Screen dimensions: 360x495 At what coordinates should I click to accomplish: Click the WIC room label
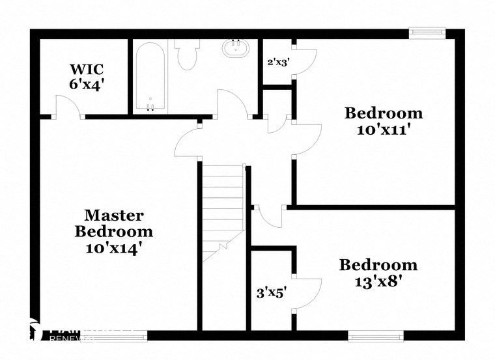(87, 69)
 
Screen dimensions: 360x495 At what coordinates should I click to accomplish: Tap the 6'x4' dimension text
(87, 83)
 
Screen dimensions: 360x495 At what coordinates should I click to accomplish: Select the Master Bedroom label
(114, 223)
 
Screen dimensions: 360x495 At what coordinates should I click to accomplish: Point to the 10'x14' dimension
(114, 247)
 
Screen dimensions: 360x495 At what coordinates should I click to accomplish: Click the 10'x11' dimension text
(383, 129)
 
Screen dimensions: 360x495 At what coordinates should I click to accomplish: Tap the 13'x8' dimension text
(378, 281)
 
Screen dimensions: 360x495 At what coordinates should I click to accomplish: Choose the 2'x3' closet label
(278, 63)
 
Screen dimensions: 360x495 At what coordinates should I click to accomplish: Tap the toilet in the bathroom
(188, 55)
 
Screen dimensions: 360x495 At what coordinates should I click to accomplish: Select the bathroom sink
(234, 49)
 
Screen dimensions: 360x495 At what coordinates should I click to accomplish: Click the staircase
(223, 212)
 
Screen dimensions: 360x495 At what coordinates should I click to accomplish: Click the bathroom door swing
(232, 104)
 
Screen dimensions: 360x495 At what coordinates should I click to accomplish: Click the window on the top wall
(427, 32)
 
